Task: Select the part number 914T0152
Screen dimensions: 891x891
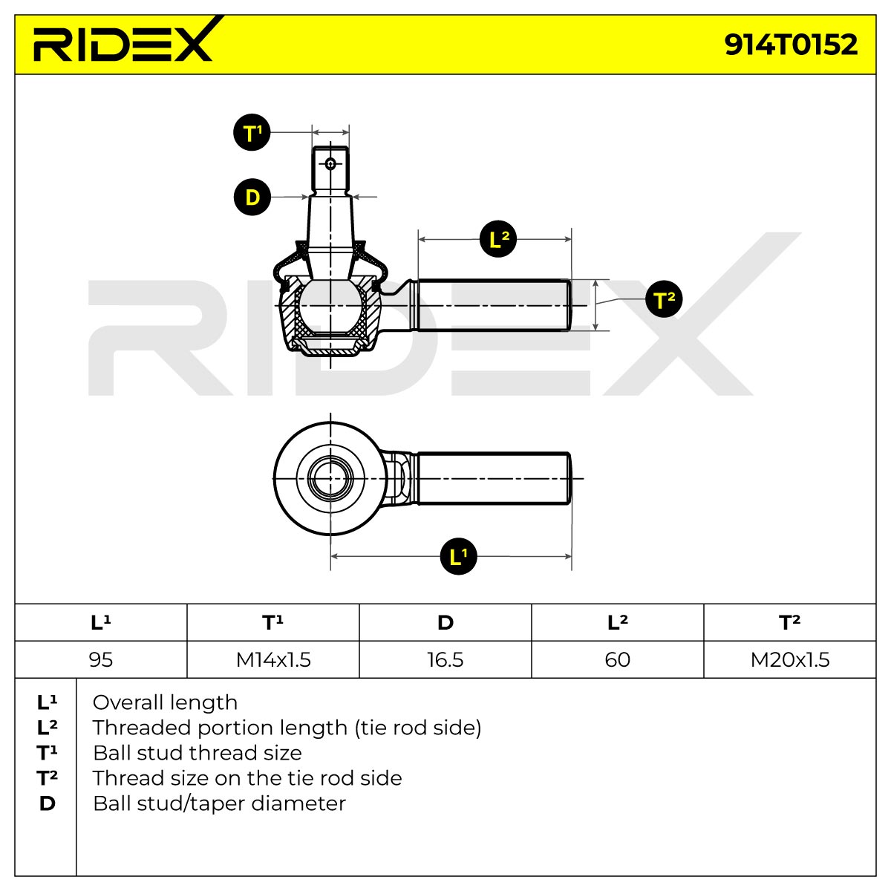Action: [x=791, y=45]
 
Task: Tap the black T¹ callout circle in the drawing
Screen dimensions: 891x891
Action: [x=252, y=132]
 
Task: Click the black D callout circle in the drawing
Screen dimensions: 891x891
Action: [x=252, y=197]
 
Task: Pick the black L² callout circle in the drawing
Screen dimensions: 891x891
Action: [x=498, y=239]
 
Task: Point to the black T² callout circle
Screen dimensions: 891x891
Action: [x=664, y=298]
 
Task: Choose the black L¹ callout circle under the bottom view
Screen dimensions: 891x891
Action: [x=458, y=556]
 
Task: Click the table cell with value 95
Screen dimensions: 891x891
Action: [x=101, y=660]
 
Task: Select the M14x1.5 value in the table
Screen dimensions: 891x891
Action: [x=273, y=660]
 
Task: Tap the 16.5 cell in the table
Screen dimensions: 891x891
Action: [x=446, y=660]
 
